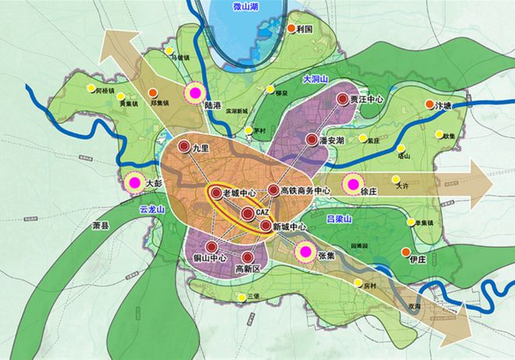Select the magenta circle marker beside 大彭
coord(133,183)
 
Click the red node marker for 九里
coord(183,148)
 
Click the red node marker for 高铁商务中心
coord(272,190)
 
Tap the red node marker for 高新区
coord(247,257)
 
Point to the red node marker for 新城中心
coord(265,226)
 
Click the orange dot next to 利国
coord(292,28)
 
